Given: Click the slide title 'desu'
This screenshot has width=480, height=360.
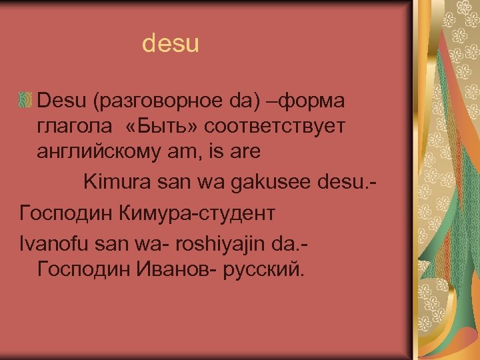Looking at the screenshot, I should [x=171, y=45].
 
